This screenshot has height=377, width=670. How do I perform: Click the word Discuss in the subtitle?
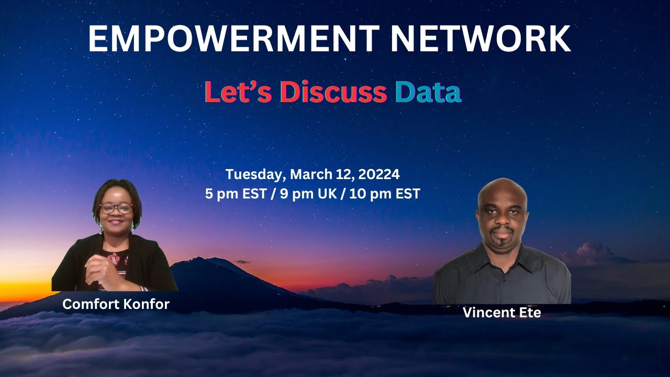pos(333,92)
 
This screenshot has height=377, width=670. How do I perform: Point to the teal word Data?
pos(428,92)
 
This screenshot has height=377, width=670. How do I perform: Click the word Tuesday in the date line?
pos(255,174)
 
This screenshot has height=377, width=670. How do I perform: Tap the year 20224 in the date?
pos(377,174)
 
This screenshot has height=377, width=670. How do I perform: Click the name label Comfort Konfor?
pos(116,304)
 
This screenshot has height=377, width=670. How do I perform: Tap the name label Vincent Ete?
pos(501,313)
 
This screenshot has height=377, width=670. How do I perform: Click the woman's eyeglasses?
pos(116,208)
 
